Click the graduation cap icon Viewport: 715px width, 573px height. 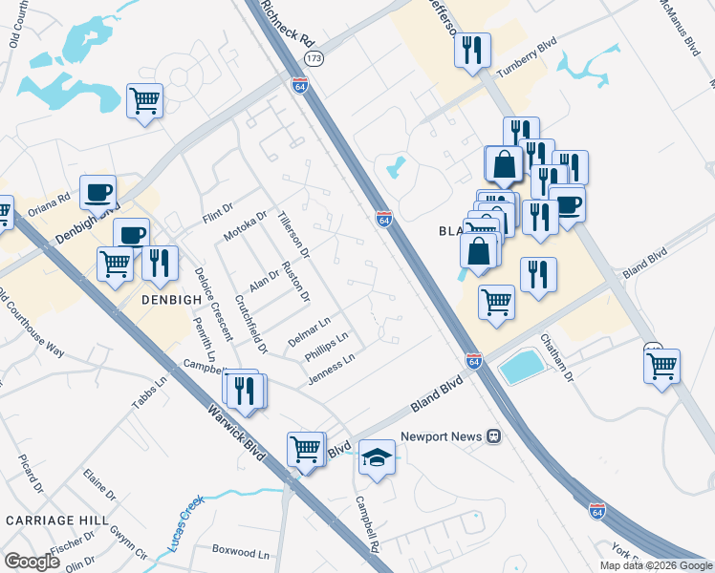pyautogui.click(x=378, y=457)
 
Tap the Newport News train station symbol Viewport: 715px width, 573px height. pyautogui.click(x=494, y=435)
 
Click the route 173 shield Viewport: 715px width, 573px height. pyautogui.click(x=300, y=58)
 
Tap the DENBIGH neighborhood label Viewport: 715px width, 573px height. pyautogui.click(x=172, y=299)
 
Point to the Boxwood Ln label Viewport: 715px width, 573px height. pyautogui.click(x=241, y=552)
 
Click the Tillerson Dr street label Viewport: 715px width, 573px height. pyautogui.click(x=293, y=235)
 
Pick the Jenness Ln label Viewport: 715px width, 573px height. pyautogui.click(x=331, y=370)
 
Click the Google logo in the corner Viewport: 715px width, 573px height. pyautogui.click(x=32, y=562)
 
